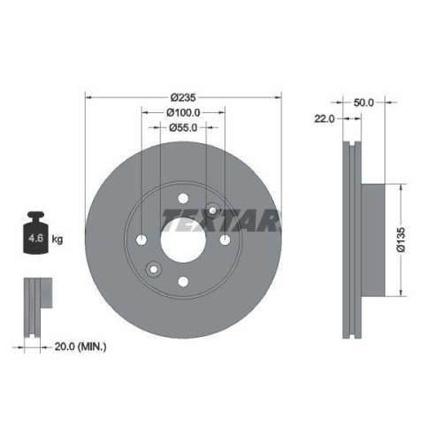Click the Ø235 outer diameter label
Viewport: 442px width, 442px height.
(x=183, y=96)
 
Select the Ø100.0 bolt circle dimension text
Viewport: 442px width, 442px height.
(x=183, y=112)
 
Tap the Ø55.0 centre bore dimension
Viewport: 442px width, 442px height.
(x=183, y=128)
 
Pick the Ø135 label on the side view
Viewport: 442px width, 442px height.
(x=400, y=240)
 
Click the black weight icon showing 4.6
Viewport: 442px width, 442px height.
(x=35, y=236)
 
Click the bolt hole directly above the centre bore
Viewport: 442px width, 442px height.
(x=183, y=199)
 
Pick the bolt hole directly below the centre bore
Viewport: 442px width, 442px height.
(x=183, y=282)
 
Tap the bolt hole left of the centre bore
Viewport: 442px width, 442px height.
(x=141, y=240)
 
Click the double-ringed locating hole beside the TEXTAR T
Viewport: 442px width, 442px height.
(x=213, y=210)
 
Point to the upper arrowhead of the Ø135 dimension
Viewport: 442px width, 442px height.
(x=402, y=188)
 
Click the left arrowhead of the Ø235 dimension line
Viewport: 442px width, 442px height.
(x=89, y=96)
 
